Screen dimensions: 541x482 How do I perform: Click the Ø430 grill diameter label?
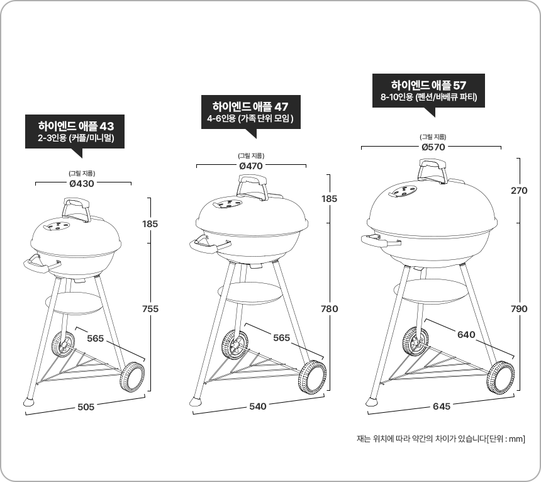(x=81, y=184)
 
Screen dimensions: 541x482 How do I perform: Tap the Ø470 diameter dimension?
(x=251, y=166)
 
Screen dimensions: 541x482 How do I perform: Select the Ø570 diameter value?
(x=433, y=147)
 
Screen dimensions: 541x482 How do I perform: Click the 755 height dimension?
(x=150, y=309)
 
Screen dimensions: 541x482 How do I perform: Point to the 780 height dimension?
(x=330, y=309)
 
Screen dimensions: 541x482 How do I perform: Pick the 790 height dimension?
(x=519, y=309)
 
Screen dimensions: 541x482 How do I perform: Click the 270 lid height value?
(x=519, y=191)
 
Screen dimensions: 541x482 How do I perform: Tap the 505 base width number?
(x=86, y=407)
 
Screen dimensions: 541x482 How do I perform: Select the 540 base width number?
(x=258, y=406)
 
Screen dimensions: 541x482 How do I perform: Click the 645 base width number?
(x=442, y=406)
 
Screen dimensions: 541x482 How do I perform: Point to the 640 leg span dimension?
(x=466, y=335)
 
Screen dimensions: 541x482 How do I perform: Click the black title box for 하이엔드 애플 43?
(x=75, y=132)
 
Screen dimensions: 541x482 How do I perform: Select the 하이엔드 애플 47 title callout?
(x=251, y=112)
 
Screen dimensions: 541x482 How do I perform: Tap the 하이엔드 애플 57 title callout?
(x=428, y=91)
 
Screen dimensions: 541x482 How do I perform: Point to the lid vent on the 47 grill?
(x=228, y=204)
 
